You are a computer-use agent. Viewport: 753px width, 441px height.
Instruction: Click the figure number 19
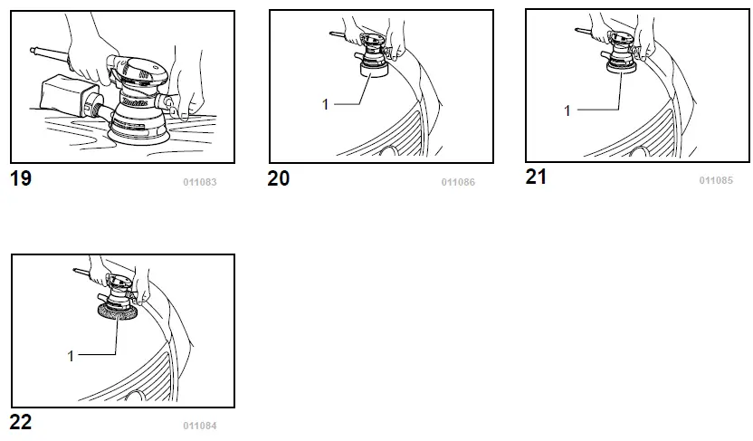coord(21,178)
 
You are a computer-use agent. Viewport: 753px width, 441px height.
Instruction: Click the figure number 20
coord(279,178)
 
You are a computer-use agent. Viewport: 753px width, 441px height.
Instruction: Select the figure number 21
coord(536,177)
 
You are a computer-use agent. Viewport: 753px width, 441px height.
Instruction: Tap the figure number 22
coord(21,422)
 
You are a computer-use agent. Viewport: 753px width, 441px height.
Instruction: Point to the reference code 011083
coord(200,182)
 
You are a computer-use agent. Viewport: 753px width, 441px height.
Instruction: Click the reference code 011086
coord(458,182)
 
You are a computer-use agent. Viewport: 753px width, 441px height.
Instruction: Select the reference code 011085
coord(716,180)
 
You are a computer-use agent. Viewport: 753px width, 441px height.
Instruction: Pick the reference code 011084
coord(200,426)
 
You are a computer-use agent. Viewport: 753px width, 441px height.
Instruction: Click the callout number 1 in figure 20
coord(325,104)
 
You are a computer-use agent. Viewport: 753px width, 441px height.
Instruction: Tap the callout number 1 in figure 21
coord(567,110)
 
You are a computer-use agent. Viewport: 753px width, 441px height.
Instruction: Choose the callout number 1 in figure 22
coord(71,356)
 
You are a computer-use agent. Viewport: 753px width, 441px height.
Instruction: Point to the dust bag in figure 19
coord(65,96)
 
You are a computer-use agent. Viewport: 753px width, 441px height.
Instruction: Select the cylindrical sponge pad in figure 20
coord(374,70)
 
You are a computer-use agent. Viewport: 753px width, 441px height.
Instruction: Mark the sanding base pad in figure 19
coord(139,137)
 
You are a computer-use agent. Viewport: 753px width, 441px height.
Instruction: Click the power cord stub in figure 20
coord(338,35)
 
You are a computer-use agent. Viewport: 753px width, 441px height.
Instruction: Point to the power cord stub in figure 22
coord(81,273)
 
